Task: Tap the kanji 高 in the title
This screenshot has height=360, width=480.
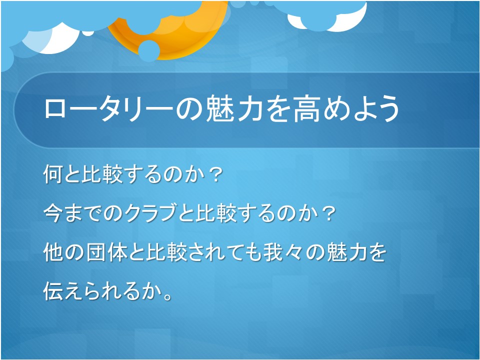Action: [306, 109]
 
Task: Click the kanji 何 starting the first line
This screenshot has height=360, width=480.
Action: [52, 174]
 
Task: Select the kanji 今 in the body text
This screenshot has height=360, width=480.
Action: [52, 213]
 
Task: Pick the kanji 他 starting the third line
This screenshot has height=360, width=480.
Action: [52, 252]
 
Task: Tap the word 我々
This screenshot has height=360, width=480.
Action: [282, 252]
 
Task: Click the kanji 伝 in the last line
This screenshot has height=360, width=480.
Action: [52, 291]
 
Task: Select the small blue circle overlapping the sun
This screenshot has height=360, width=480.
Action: [149, 51]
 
